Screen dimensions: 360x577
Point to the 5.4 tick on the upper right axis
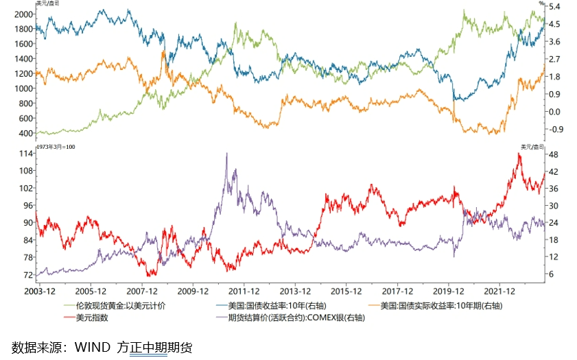pos(555,6)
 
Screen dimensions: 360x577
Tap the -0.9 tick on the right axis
pos(555,129)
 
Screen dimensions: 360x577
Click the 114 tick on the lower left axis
pos(25,154)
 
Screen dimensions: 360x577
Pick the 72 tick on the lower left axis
pos(27,274)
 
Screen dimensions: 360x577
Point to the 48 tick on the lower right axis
pos(554,154)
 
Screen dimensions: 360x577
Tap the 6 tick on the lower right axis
pos(552,274)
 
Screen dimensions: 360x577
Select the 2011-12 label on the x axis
pos(245,290)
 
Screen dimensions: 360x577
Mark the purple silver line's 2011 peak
pos(227,154)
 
